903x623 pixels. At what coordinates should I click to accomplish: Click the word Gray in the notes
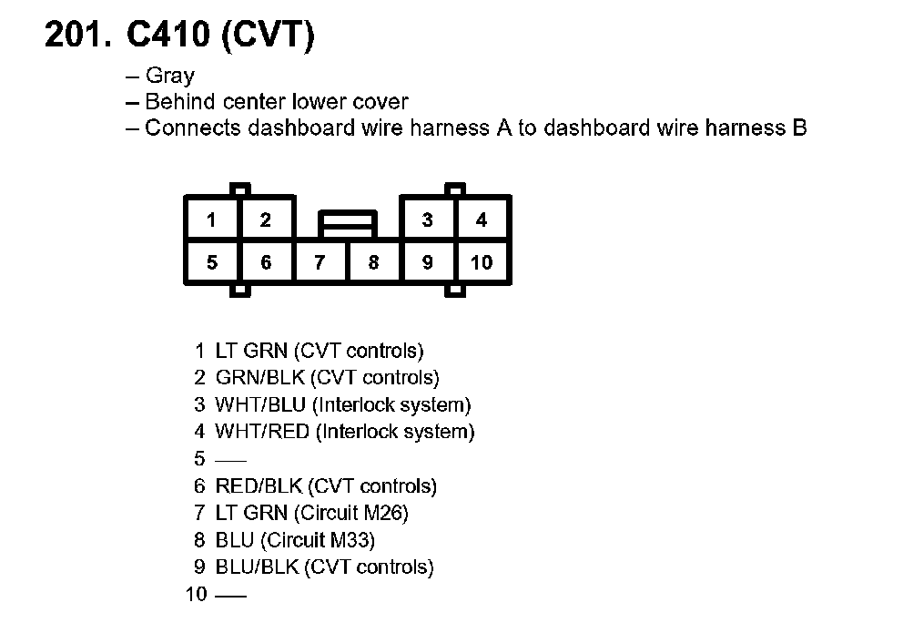[x=169, y=77]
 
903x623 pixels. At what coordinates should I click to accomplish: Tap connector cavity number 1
[x=211, y=220]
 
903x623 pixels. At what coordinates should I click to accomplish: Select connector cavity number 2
[x=265, y=220]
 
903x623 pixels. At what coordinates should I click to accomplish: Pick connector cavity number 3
[x=427, y=220]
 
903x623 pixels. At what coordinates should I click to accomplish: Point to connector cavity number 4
[x=482, y=220]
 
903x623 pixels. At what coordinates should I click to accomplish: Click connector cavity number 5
[x=211, y=263]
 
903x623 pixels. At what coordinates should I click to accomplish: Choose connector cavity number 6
[x=265, y=263]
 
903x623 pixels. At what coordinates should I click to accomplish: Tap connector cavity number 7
[x=320, y=263]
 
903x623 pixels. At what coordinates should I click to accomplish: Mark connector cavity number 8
[x=373, y=263]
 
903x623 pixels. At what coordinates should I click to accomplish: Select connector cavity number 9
[x=427, y=263]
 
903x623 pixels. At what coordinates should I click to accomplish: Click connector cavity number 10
[x=482, y=263]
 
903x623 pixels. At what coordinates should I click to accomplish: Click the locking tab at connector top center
[x=347, y=221]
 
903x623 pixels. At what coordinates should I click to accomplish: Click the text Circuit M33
[x=318, y=540]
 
